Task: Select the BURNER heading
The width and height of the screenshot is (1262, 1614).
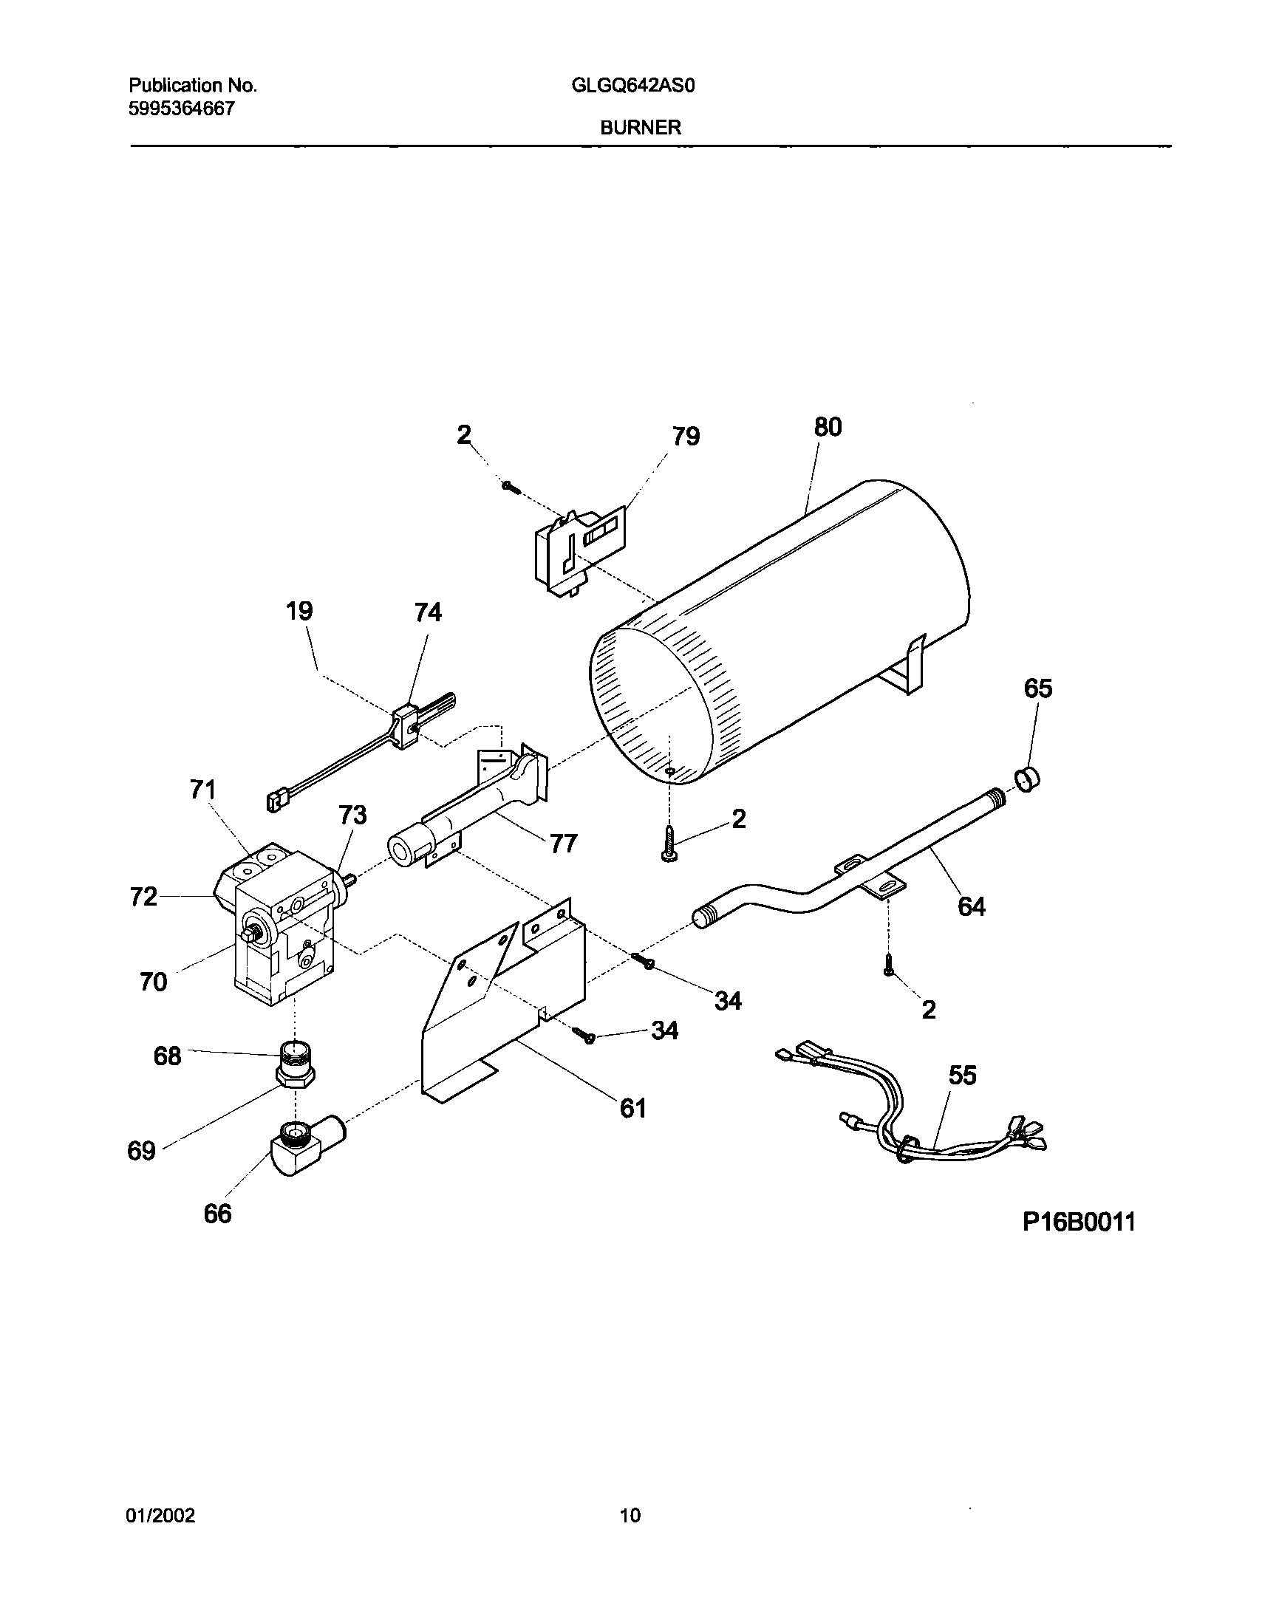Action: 641,128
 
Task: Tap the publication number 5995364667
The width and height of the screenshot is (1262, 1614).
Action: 182,109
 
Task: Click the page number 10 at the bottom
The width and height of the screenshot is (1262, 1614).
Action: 630,1516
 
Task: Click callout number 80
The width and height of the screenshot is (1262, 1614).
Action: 828,427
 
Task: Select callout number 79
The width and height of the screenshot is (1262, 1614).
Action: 686,437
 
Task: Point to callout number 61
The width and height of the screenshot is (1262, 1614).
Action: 633,1109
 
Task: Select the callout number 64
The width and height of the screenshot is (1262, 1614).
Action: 971,906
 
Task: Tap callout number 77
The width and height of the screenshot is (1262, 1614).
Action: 563,844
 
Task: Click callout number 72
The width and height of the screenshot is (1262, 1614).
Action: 143,897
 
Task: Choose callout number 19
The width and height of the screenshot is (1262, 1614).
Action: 299,611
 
